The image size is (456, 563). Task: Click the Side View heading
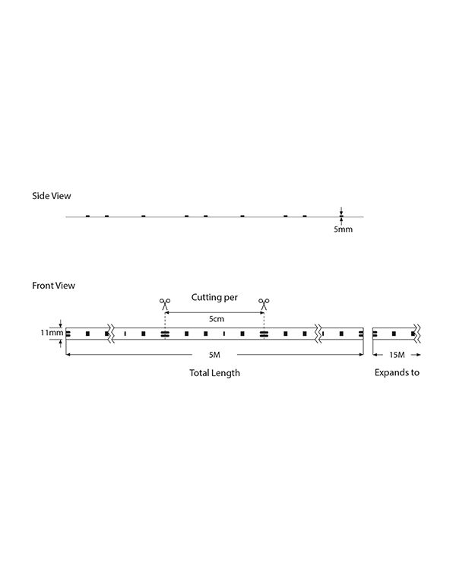click(52, 196)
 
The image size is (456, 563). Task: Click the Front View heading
click(53, 286)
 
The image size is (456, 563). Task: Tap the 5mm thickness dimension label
click(344, 229)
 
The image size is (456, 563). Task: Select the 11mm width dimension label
click(52, 333)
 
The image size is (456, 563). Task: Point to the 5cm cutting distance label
click(217, 319)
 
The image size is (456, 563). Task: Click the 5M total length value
click(214, 355)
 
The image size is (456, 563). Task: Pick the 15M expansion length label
click(397, 355)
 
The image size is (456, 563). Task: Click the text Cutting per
click(214, 297)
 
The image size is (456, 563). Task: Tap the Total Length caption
click(215, 373)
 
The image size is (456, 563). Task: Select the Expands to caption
click(397, 373)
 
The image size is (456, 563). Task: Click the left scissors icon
click(165, 305)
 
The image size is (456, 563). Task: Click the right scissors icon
click(264, 305)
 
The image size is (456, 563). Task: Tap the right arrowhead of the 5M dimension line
click(361, 355)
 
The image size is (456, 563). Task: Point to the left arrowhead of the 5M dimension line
click(68, 355)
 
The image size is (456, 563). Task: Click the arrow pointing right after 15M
click(416, 355)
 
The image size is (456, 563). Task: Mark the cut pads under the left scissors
click(165, 334)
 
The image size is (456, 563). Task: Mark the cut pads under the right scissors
click(264, 334)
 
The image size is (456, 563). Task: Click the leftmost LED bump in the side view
click(87, 216)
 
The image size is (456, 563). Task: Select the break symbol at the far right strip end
click(417, 334)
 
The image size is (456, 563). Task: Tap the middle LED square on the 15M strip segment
click(394, 334)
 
